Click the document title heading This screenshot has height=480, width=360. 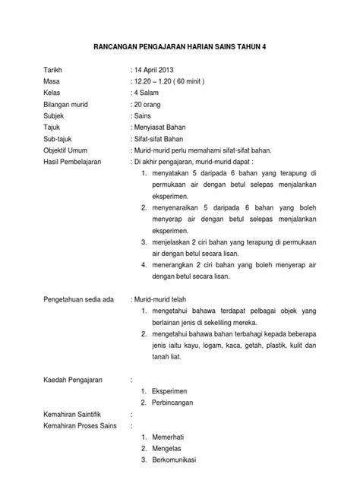pyautogui.click(x=179, y=46)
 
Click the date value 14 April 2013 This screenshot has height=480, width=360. pyautogui.click(x=158, y=69)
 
